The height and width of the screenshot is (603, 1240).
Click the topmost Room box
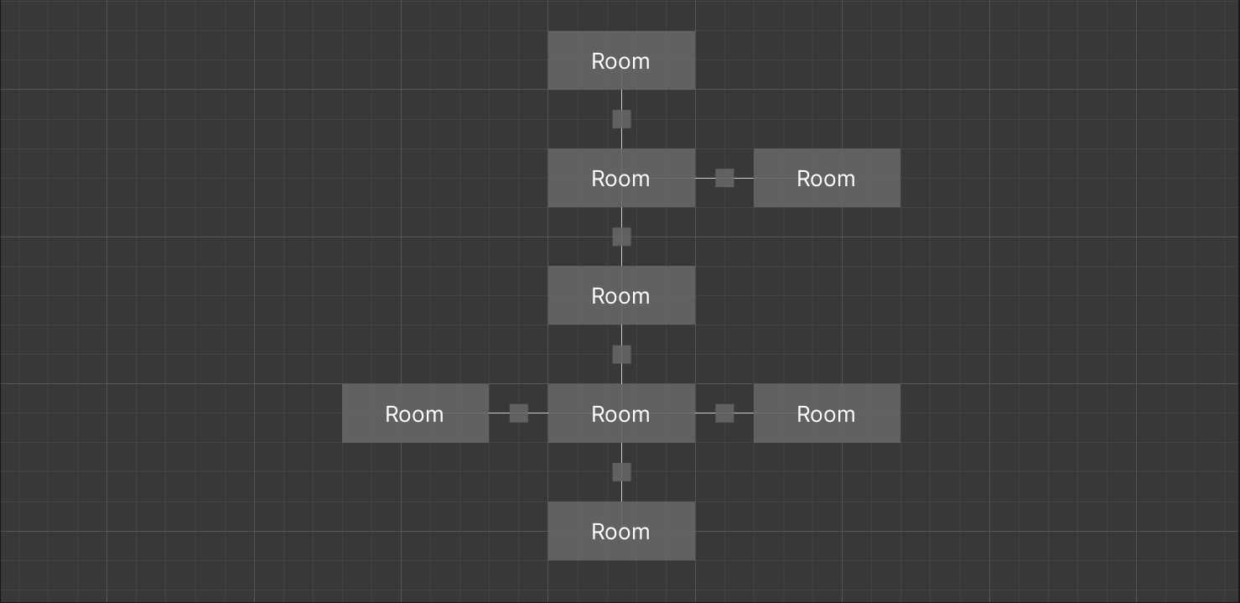coord(621,60)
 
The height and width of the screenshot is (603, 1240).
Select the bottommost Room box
coord(621,531)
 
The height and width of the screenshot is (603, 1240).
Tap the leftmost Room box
coord(415,413)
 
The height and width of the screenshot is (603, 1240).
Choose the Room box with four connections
coord(621,413)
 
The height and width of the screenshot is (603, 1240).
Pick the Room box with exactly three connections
coord(621,178)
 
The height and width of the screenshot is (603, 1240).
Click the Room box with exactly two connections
coord(621,295)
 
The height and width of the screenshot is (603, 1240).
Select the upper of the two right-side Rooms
coord(827,178)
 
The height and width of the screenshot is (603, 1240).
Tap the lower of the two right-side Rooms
coord(827,413)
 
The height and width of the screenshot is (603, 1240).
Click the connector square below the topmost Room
coord(621,119)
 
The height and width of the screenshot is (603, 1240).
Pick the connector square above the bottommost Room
coord(621,472)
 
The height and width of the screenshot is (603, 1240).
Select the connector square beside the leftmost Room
coord(519,413)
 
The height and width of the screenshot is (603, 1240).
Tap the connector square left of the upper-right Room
coord(724,178)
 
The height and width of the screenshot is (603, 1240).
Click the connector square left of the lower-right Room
coord(724,413)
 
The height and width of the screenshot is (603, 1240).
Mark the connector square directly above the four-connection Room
coord(621,355)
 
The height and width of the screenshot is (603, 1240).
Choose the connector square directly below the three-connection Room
coord(621,237)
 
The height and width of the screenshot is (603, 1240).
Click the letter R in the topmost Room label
coord(598,61)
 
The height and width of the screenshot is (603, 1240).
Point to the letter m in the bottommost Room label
coord(641,533)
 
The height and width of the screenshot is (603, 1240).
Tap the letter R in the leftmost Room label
coord(392,414)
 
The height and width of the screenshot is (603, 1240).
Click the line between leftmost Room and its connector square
coord(499,413)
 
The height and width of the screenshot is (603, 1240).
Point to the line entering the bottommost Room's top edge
coord(621,492)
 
